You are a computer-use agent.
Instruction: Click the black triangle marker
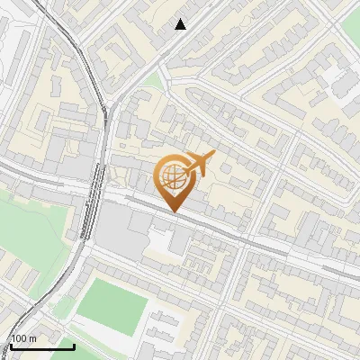[181, 24]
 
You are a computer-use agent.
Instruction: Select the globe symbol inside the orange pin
[172, 177]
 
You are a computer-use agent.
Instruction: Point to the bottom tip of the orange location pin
[175, 212]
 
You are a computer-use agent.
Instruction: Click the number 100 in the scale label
[19, 338]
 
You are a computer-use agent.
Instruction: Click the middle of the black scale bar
[41, 346]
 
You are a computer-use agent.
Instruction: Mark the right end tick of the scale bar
[74, 345]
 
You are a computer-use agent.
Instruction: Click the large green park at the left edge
[31, 229]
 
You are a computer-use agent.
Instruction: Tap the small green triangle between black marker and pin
[152, 83]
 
